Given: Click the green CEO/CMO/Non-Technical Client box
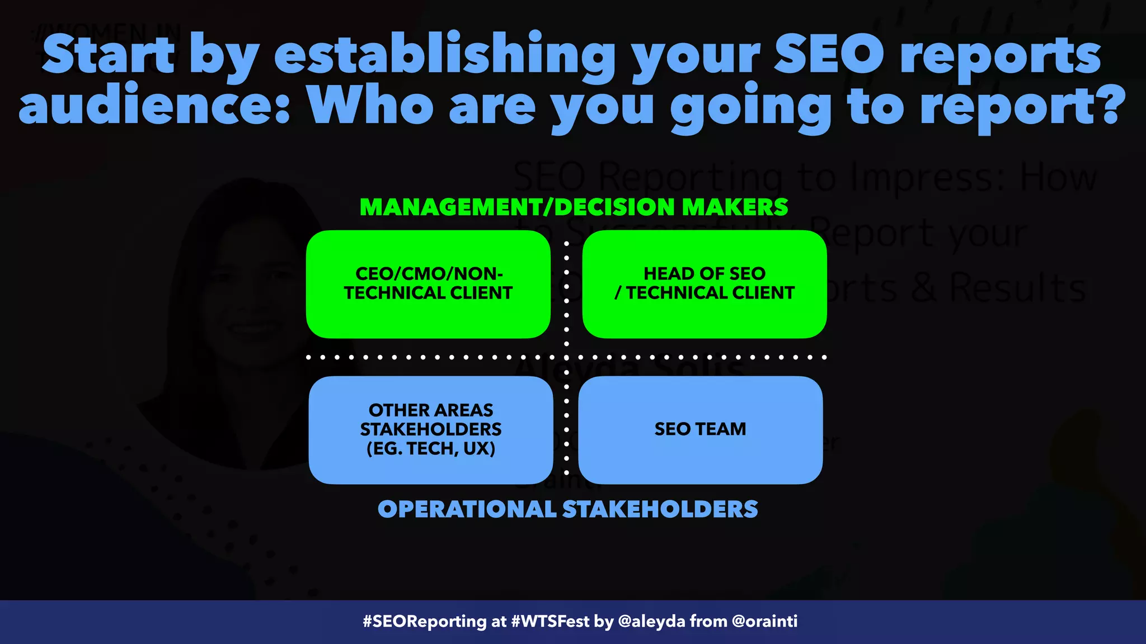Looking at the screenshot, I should pyautogui.click(x=428, y=284).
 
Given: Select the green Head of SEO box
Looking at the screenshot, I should pyautogui.click(x=704, y=284).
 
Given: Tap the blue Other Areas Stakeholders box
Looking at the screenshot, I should pyautogui.click(x=431, y=429).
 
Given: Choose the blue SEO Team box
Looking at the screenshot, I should pyautogui.click(x=700, y=429).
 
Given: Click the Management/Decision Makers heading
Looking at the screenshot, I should pyautogui.click(x=574, y=207).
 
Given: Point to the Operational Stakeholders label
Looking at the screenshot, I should pyautogui.click(x=567, y=509).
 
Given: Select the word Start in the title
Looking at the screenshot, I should pyautogui.click(x=109, y=55).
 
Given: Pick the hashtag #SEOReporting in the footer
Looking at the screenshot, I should pyautogui.click(x=424, y=622).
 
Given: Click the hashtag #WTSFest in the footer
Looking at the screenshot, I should pyautogui.click(x=550, y=622).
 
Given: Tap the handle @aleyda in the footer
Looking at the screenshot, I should pyautogui.click(x=651, y=622).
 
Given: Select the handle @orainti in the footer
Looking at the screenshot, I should pyautogui.click(x=764, y=622).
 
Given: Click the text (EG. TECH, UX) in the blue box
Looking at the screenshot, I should pyautogui.click(x=431, y=448).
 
